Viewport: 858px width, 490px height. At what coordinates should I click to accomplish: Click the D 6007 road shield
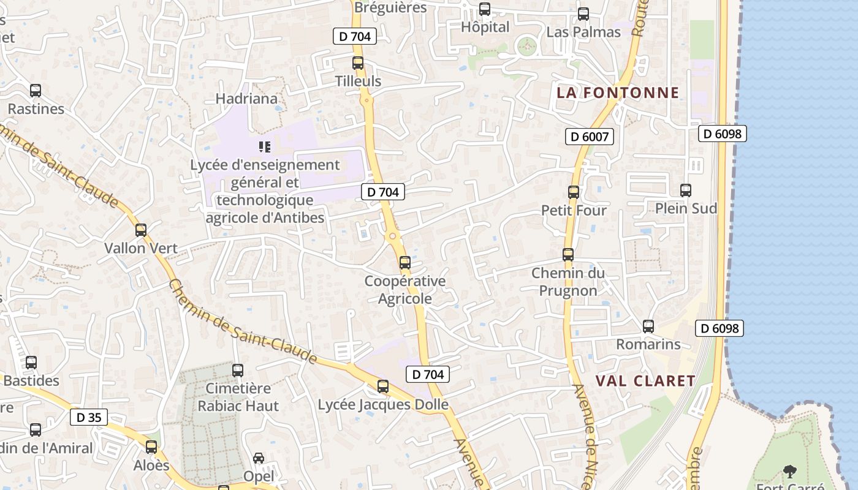pyautogui.click(x=589, y=137)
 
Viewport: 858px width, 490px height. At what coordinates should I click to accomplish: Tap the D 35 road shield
pyautogui.click(x=89, y=418)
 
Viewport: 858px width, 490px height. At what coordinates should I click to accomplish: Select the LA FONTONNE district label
pyautogui.click(x=618, y=93)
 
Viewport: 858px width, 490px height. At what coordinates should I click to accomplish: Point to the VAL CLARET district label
pyautogui.click(x=645, y=381)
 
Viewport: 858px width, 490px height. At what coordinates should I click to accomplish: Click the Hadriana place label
pyautogui.click(x=246, y=99)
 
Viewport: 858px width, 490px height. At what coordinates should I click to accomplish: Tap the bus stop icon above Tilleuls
pyautogui.click(x=358, y=62)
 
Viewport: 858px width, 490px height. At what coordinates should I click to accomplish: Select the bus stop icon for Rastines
pyautogui.click(x=36, y=91)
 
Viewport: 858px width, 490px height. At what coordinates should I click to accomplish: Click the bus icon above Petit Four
pyautogui.click(x=574, y=192)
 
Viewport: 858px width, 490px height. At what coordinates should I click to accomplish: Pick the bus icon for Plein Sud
pyautogui.click(x=686, y=190)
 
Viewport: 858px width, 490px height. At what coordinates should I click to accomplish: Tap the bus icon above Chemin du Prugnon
pyautogui.click(x=568, y=255)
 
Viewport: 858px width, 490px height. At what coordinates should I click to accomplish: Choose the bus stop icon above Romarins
pyautogui.click(x=648, y=326)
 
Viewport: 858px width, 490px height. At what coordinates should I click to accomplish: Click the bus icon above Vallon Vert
pyautogui.click(x=141, y=230)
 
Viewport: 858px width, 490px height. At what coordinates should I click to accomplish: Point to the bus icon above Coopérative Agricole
pyautogui.click(x=404, y=263)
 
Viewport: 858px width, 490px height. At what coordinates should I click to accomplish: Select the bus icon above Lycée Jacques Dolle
pyautogui.click(x=383, y=386)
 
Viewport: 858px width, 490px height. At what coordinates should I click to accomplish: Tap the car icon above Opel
pyautogui.click(x=259, y=458)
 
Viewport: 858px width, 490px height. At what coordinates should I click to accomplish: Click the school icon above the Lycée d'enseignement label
pyautogui.click(x=265, y=147)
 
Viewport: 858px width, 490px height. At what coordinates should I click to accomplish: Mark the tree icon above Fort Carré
pyautogui.click(x=790, y=472)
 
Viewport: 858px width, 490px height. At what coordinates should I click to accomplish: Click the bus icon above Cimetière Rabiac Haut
pyautogui.click(x=238, y=371)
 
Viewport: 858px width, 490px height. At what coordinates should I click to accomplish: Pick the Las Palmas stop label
pyautogui.click(x=583, y=32)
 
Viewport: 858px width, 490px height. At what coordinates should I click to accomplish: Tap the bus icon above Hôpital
pyautogui.click(x=485, y=9)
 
